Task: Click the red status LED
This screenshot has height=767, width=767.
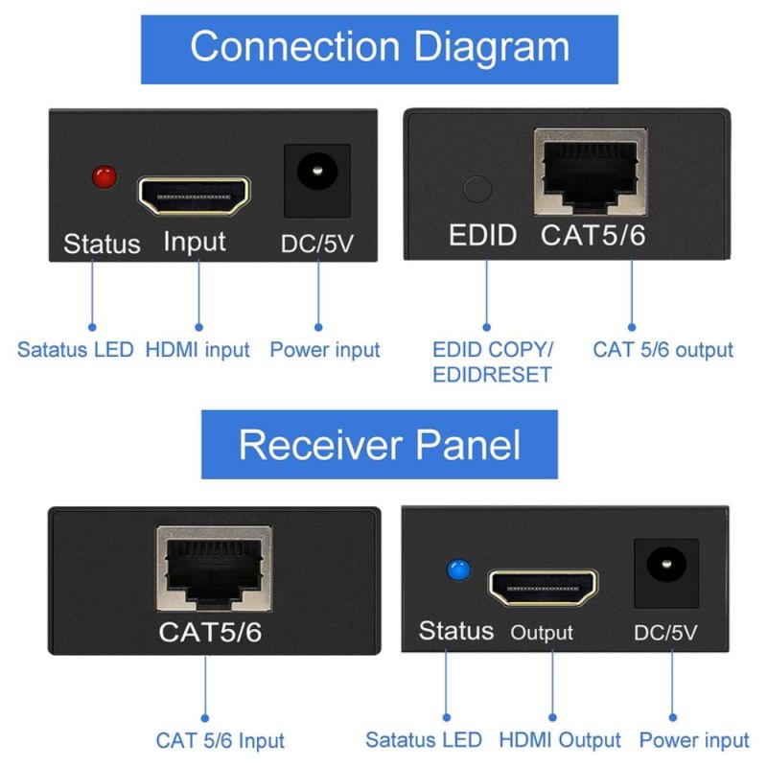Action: point(103,176)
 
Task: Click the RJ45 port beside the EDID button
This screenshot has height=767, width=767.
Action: point(588,174)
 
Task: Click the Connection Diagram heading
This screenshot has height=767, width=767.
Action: point(380,45)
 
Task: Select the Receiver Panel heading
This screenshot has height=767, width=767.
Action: point(380,444)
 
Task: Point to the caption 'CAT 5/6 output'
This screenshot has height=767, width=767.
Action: point(662,350)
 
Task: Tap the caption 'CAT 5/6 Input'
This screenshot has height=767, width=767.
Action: point(221,740)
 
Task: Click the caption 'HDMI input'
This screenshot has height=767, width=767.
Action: point(198,350)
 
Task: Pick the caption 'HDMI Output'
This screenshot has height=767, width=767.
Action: point(559,740)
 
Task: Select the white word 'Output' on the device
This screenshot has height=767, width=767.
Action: point(541,633)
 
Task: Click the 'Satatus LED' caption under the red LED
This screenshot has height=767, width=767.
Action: point(77,350)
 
